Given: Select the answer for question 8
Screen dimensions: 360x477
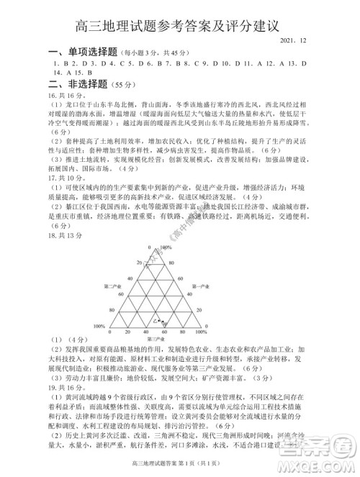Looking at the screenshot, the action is coord(181,63).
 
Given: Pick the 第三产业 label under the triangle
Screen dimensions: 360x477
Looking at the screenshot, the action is coord(155,337).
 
